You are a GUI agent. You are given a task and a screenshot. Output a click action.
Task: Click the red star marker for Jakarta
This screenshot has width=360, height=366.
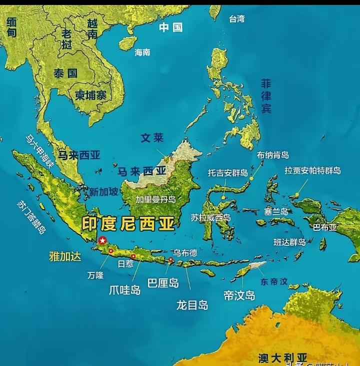102,240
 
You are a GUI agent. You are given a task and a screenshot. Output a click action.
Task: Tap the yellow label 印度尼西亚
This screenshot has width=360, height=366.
128,223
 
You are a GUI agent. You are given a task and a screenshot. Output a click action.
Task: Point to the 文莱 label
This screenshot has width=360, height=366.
152,138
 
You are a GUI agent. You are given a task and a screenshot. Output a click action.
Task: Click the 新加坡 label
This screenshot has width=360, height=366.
104,191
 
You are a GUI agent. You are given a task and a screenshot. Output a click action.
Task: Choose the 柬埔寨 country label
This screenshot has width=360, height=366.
90,96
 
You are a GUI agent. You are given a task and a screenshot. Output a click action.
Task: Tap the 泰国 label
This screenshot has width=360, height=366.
65,73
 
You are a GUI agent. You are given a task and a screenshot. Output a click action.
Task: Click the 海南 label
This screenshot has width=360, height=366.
142,52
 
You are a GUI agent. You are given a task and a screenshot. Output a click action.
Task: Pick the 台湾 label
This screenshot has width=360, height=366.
237,19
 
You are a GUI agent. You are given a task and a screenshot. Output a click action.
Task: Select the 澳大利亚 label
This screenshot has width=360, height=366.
283,357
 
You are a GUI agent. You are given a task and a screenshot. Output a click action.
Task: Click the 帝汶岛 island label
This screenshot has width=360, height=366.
239,295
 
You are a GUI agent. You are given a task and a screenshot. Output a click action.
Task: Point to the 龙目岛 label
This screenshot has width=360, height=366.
192,304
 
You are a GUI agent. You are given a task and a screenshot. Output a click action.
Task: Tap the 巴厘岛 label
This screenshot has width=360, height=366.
163,283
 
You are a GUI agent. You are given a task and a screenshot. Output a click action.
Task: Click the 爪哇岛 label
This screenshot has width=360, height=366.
125,289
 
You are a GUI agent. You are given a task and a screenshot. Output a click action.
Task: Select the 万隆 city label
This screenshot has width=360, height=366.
95,275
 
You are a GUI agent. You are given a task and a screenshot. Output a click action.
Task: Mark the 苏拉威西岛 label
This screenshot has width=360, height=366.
210,217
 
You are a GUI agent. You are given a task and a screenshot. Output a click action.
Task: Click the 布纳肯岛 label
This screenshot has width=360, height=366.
272,155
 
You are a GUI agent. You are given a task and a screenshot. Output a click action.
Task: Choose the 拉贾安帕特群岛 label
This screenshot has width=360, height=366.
312,171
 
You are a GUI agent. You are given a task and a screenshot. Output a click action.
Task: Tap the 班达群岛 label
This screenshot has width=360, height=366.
289,242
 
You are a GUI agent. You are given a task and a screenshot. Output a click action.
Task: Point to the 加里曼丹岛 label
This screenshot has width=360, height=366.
155,199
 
